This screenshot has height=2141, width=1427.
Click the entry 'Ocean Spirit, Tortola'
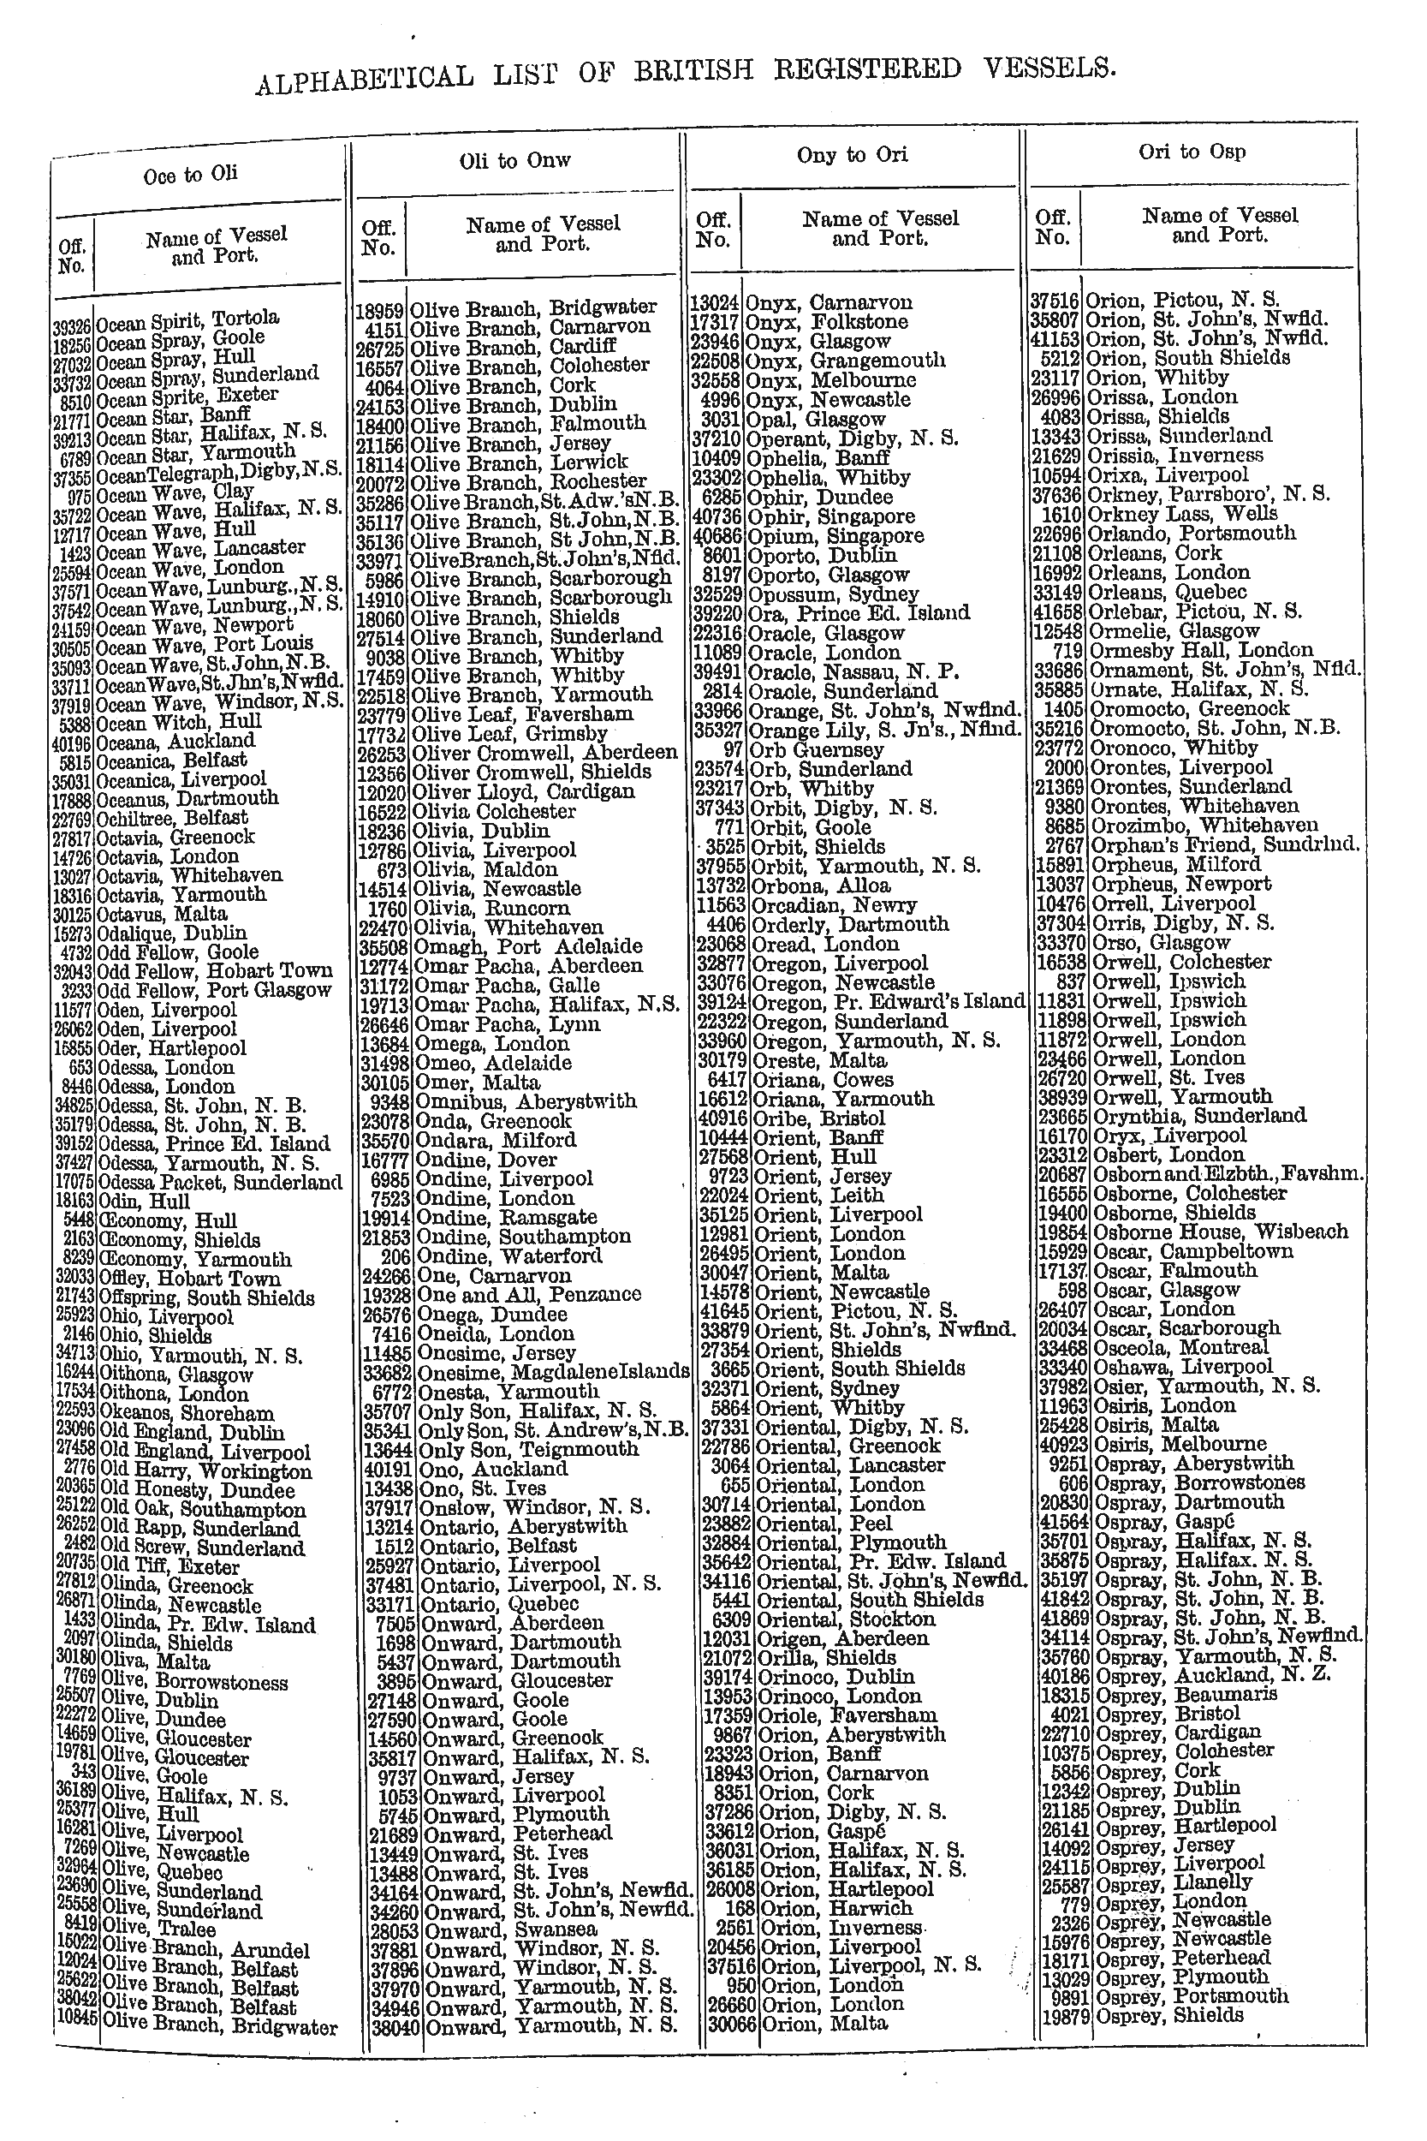(x=187, y=321)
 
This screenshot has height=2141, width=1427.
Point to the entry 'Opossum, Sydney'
(x=832, y=594)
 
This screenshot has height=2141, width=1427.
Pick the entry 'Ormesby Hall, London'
(x=1201, y=651)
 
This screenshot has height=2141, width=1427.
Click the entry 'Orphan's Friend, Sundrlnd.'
(x=1224, y=844)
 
